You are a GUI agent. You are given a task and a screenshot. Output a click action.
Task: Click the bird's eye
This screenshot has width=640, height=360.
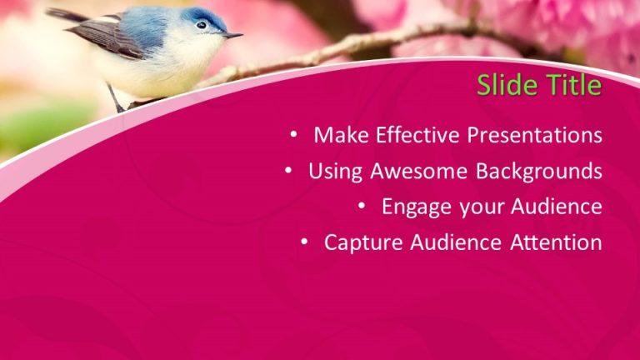point(201,25)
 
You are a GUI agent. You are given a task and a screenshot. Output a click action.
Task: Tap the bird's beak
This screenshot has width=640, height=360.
point(232,35)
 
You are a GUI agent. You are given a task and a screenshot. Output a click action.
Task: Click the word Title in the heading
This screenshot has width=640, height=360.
point(572,85)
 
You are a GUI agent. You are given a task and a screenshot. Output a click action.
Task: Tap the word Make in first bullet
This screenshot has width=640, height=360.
point(342,135)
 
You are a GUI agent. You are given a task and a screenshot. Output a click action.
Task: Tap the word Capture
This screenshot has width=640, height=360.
point(360,242)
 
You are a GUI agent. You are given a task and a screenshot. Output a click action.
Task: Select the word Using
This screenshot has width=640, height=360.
point(335,172)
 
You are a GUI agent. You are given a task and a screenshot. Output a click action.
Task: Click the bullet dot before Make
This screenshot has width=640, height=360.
point(294,134)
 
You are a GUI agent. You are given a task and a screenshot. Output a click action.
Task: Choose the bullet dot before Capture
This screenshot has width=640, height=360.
point(305,242)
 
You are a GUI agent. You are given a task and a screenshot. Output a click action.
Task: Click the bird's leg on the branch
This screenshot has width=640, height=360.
point(115,98)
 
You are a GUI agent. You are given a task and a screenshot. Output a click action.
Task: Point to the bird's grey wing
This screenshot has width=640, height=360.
point(108,37)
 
